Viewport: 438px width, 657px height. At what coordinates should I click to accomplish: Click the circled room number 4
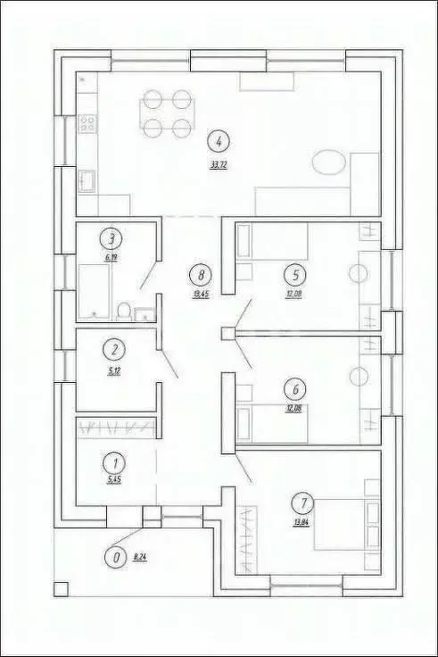point(218,139)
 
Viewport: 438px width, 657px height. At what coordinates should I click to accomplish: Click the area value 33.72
point(218,167)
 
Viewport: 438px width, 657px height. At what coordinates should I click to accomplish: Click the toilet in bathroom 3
point(125,311)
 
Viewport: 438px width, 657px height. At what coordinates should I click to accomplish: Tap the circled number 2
point(112,350)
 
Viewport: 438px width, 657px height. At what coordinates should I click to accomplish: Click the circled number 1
point(112,463)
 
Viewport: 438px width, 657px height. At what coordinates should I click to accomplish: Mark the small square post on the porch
point(61,588)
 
